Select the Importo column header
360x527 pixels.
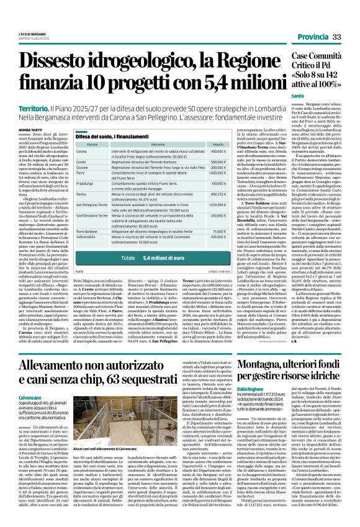(216, 144)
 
